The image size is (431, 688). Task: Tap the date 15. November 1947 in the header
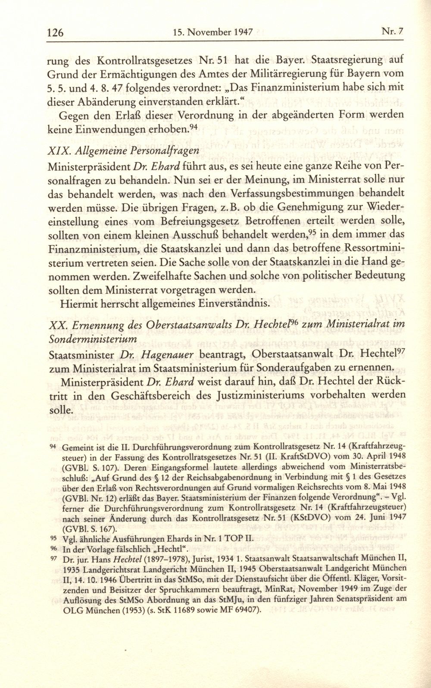211,32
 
